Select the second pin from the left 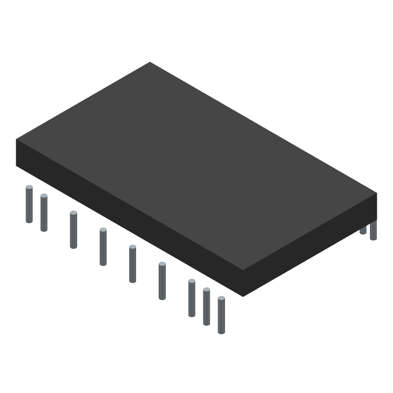click(x=44, y=213)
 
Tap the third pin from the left click(x=73, y=230)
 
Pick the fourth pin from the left click(x=103, y=247)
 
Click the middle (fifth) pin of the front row click(x=133, y=264)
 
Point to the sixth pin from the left click(x=162, y=281)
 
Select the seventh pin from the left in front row click(x=192, y=298)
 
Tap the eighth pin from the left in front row click(x=206, y=307)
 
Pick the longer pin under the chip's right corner click(x=373, y=230)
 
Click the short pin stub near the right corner click(x=363, y=230)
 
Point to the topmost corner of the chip click(x=150, y=62)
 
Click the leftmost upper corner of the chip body click(x=16, y=140)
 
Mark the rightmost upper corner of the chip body click(x=377, y=193)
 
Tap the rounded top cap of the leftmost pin click(x=29, y=187)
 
